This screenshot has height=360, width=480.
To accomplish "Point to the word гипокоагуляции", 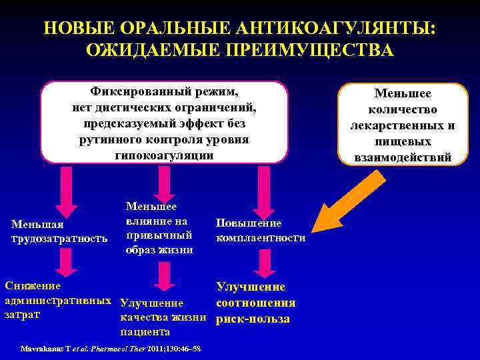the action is pyautogui.click(x=164, y=155).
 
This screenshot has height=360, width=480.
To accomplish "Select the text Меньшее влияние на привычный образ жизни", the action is pyautogui.click(x=159, y=229).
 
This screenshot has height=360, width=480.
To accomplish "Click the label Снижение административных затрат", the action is pyautogui.click(x=57, y=300).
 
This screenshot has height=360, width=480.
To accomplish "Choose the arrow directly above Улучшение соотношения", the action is pyautogui.click(x=265, y=263).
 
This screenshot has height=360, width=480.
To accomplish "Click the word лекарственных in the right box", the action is pyautogui.click(x=403, y=125).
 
